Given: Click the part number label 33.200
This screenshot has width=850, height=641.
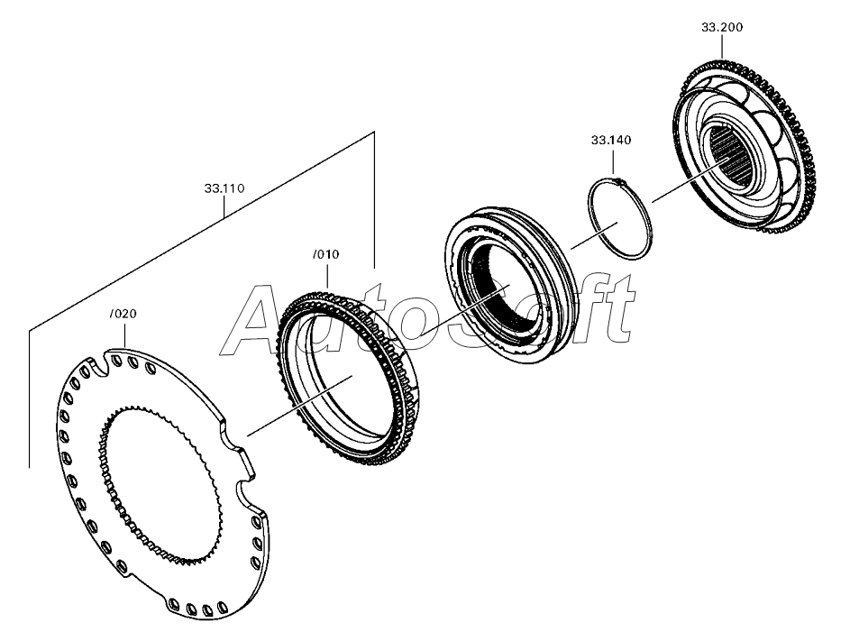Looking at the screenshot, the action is pos(722,27).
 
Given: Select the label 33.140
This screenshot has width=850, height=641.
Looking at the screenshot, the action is pos(611,141).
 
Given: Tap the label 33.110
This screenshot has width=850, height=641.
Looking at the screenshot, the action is pos(224,188).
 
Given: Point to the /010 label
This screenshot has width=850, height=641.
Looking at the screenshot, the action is pos(325,254).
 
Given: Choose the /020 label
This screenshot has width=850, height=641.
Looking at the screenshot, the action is pos(123,314).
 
